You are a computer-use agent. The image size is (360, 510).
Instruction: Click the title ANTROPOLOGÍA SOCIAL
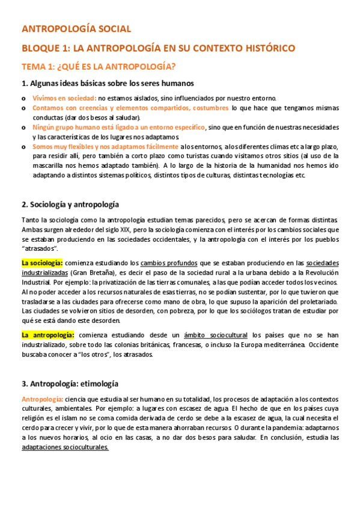click(75, 28)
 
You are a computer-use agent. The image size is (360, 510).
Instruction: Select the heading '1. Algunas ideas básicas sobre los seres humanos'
click(107, 83)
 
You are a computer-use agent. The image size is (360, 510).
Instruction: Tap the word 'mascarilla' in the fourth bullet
click(49, 165)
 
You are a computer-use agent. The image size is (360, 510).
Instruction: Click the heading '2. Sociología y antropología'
click(70, 204)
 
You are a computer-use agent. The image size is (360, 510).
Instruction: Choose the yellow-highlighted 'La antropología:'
click(47, 335)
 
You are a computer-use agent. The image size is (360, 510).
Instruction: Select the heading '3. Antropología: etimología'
click(70, 383)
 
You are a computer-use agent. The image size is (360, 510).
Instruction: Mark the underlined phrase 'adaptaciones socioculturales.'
click(65, 447)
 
